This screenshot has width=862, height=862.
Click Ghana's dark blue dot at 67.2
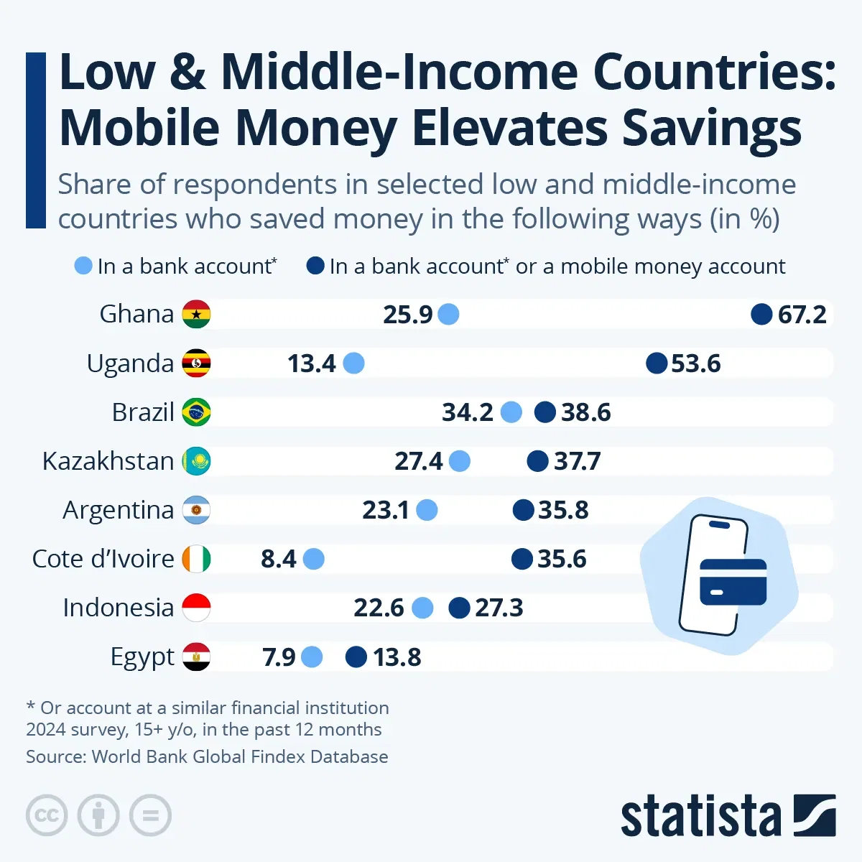tap(761, 314)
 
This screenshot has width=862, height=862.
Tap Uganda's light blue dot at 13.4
tap(353, 363)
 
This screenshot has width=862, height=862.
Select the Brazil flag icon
tap(196, 412)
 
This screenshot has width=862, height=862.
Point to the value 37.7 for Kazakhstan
tap(577, 461)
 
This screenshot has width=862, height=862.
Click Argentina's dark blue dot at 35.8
tap(523, 510)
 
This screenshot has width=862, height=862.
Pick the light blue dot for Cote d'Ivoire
tap(313, 559)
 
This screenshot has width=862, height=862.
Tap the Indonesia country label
tap(119, 608)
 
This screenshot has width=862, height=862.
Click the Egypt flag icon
tap(196, 657)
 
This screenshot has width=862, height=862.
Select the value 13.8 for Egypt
tap(397, 657)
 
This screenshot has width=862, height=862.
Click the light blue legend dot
tap(83, 266)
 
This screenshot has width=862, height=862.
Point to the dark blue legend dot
tap(315, 266)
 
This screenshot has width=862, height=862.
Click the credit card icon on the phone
tap(733, 581)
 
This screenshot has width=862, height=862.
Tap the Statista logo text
tap(700, 816)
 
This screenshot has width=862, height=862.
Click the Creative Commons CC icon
tap(47, 815)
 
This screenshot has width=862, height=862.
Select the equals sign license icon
tap(151, 815)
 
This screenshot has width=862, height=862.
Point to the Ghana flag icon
tap(196, 314)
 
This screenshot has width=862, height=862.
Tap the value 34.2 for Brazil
tap(467, 412)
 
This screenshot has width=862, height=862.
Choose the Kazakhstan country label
tap(108, 461)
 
